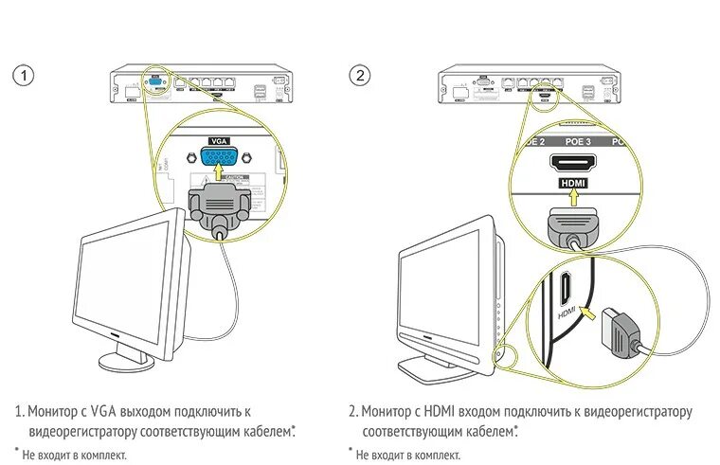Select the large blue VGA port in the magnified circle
(220, 158)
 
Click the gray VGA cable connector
(220, 205)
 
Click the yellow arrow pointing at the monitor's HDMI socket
(587, 311)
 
